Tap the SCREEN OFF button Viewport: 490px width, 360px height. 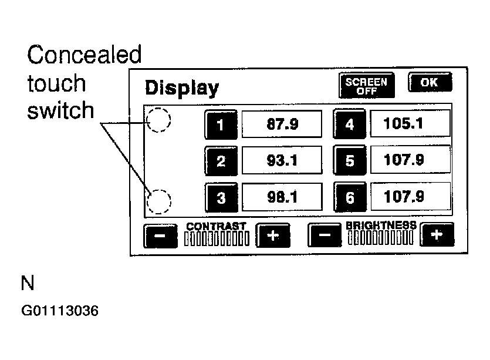[x=366, y=86]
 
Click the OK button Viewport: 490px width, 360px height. [x=430, y=82]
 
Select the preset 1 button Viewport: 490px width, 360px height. [x=221, y=124]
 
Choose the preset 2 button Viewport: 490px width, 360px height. [x=221, y=160]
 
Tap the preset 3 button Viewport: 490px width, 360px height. [x=221, y=197]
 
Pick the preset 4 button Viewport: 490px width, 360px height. [x=349, y=124]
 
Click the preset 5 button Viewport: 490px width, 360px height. [x=349, y=160]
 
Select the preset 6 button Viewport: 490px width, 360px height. [x=349, y=197]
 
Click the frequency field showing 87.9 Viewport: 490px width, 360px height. [x=282, y=124]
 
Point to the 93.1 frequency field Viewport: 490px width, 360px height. [x=282, y=160]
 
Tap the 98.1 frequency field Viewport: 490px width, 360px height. [x=282, y=197]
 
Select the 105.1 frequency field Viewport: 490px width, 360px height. [x=410, y=123]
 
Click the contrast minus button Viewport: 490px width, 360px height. [x=160, y=236]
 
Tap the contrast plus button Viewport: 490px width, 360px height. [x=273, y=235]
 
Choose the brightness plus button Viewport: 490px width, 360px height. [x=437, y=235]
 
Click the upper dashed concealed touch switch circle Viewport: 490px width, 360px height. [x=158, y=120]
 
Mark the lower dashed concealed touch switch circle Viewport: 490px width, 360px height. [x=158, y=201]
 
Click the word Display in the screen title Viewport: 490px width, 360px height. [x=181, y=88]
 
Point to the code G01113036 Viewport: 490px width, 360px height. [x=60, y=310]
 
